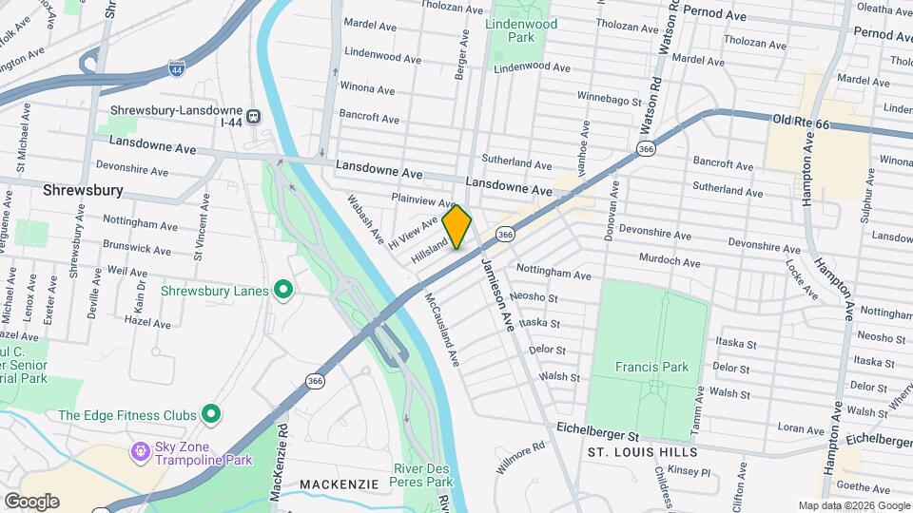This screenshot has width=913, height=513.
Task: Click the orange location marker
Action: click(456, 226)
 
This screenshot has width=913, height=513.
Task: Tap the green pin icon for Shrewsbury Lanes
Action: click(282, 290)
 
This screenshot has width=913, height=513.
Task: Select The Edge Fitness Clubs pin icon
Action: click(211, 414)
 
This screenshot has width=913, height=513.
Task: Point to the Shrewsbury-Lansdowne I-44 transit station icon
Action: click(253, 118)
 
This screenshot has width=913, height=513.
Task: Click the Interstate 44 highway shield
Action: click(177, 68)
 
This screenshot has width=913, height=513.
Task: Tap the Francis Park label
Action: click(651, 366)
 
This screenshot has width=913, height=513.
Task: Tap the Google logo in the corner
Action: click(31, 501)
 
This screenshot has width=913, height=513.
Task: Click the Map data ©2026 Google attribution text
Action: click(854, 505)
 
